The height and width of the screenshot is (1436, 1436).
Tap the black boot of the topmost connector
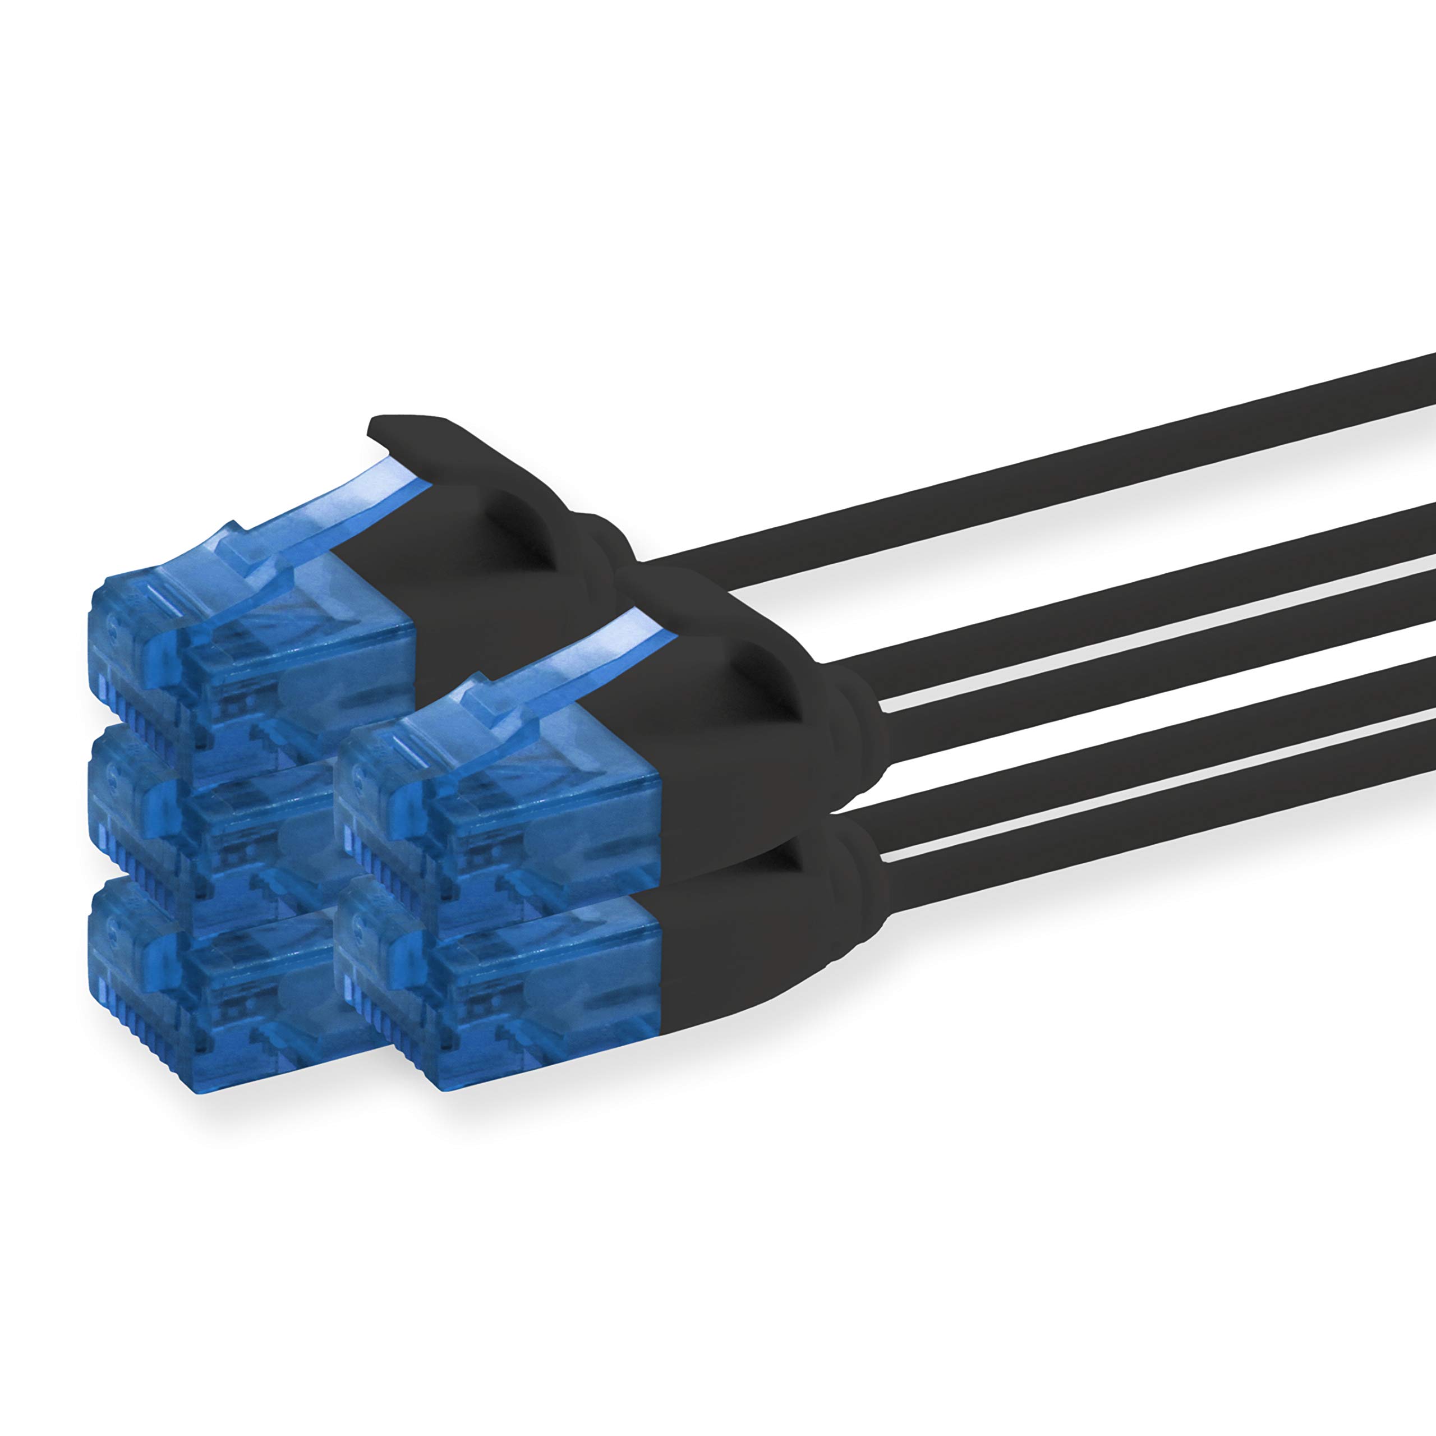[505, 595]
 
